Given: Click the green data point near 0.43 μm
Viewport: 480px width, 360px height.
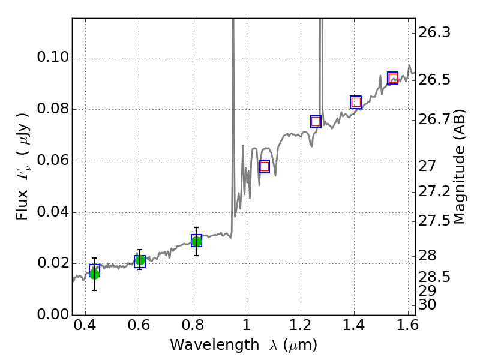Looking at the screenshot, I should pyautogui.click(x=94, y=274).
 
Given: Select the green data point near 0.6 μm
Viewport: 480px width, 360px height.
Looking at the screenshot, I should pyautogui.click(x=140, y=260).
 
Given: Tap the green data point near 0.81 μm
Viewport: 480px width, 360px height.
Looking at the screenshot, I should pyautogui.click(x=196, y=241).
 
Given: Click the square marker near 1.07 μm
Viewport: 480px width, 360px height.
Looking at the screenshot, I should pyautogui.click(x=264, y=166).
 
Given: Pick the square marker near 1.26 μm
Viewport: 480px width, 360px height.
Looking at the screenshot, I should pyautogui.click(x=316, y=121).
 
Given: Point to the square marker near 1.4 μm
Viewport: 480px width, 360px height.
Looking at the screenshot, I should pyautogui.click(x=356, y=102).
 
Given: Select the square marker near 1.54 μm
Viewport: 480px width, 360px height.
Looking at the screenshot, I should pyautogui.click(x=393, y=78).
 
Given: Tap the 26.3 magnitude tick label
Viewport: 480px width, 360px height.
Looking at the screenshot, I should pyautogui.click(x=434, y=32).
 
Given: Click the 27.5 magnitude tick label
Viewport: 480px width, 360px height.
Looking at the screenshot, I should pyautogui.click(x=434, y=221).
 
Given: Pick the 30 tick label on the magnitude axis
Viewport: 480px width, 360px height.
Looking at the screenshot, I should pyautogui.click(x=428, y=305).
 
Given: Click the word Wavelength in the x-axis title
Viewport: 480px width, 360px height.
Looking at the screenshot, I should pyautogui.click(x=204, y=346).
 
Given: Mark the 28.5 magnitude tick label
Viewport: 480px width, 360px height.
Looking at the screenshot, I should pyautogui.click(x=434, y=277).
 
